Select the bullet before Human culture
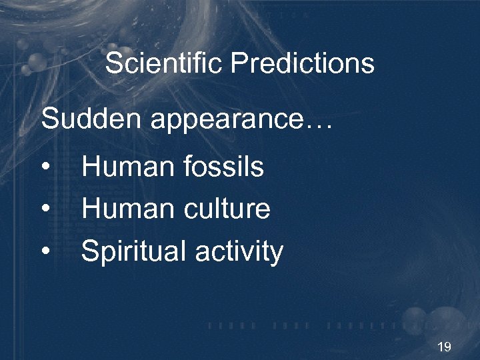click(45, 210)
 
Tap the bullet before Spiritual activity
click(45, 252)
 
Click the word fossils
click(224, 167)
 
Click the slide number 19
click(444, 347)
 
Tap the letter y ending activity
click(277, 255)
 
